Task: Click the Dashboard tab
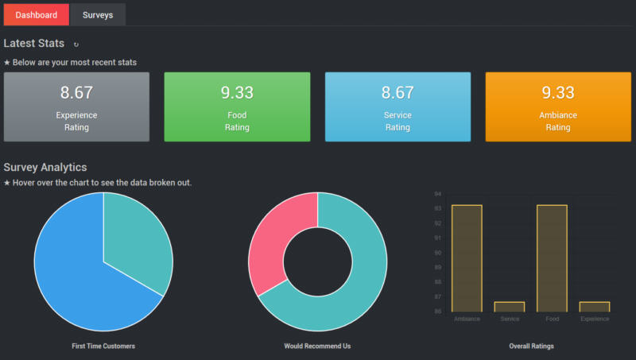(x=36, y=15)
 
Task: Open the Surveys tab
(x=98, y=15)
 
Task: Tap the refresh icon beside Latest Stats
(x=76, y=45)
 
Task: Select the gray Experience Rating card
(x=76, y=106)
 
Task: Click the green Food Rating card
(x=237, y=106)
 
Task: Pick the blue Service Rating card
(x=397, y=106)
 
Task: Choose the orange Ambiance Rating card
(x=558, y=106)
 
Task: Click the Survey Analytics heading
(x=45, y=167)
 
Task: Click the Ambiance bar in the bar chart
(x=467, y=258)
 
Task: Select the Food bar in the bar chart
(x=552, y=258)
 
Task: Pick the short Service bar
(x=510, y=307)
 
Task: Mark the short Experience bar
(x=595, y=307)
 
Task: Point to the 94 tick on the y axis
(x=437, y=193)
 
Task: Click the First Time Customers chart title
(x=103, y=346)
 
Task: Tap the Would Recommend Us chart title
(x=317, y=346)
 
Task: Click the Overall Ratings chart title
(x=531, y=346)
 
